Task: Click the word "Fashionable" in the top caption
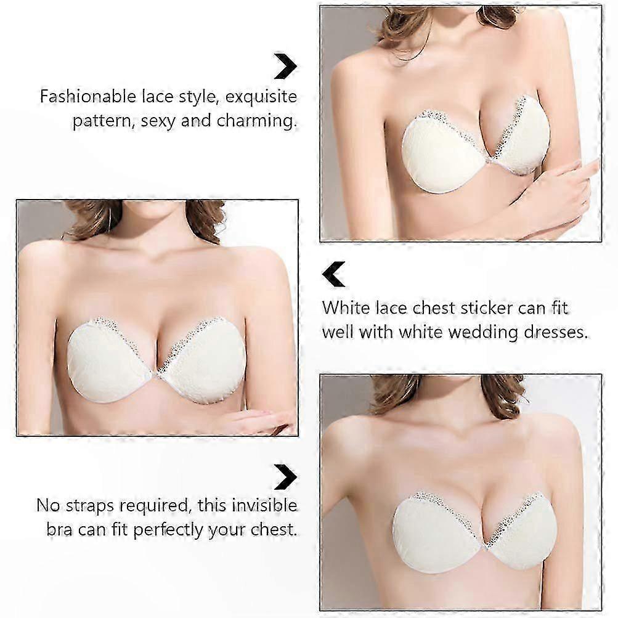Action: point(87,96)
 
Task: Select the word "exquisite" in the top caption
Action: point(261,97)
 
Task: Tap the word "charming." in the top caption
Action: point(256,120)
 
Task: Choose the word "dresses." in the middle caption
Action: point(556,332)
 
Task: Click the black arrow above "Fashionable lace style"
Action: point(285,66)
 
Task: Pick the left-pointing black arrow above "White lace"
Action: point(333,274)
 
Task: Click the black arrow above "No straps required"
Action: point(285,478)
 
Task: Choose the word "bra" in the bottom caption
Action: point(59,529)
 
